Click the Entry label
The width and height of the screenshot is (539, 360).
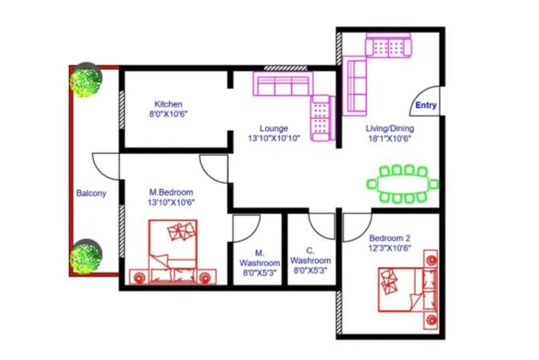point(425,105)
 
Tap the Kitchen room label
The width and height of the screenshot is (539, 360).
point(168,104)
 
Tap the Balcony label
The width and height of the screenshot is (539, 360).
point(91,193)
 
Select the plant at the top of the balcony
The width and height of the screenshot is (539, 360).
point(84,79)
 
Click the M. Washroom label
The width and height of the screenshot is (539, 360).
point(259,257)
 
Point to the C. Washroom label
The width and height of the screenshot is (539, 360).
point(310,256)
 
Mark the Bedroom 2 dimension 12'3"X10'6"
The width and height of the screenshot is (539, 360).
point(390,249)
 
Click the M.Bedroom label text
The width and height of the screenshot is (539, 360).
point(172,192)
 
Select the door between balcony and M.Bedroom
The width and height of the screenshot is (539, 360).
point(107,166)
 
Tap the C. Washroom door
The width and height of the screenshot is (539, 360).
point(322,225)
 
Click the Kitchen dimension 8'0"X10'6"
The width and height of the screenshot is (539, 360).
point(168,115)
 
